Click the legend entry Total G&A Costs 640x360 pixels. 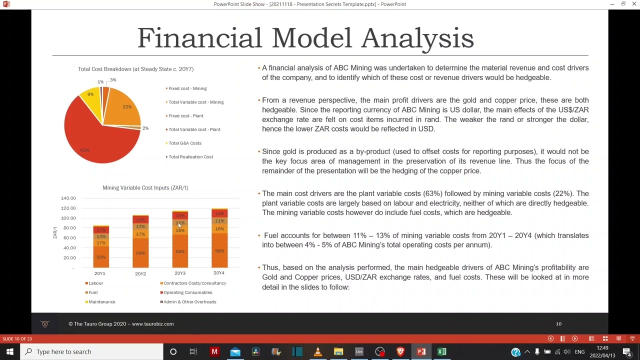coord(184,143)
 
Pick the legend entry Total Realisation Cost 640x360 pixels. coord(190,157)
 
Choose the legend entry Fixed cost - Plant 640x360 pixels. coord(185,116)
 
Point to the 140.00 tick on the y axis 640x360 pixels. coord(68,198)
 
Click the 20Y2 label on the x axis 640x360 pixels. coord(140,273)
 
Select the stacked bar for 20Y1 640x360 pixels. coord(100,247)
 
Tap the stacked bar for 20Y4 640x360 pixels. coord(219,240)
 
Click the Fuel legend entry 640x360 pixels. coord(93,292)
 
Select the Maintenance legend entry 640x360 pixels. coord(101,302)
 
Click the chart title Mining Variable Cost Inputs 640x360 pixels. coord(145,187)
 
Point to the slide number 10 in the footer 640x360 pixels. coord(558,324)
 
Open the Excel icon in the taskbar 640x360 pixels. coord(442,351)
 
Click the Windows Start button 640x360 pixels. coord(9,351)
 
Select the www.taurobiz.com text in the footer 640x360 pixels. coord(152,324)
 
